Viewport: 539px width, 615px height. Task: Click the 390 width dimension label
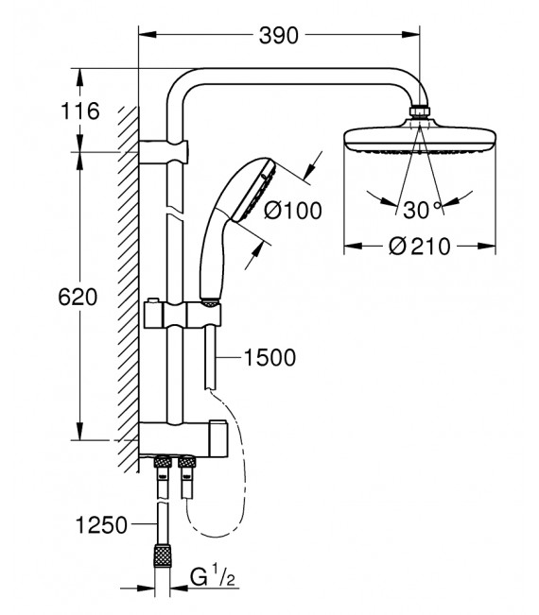tap(278, 36)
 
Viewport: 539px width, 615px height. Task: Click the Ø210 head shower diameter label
tap(421, 246)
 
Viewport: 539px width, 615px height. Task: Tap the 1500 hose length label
tap(269, 357)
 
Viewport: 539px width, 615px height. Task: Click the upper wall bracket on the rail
tap(166, 148)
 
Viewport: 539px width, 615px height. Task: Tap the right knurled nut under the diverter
tap(186, 464)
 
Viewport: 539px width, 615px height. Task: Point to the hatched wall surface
tap(125, 283)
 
